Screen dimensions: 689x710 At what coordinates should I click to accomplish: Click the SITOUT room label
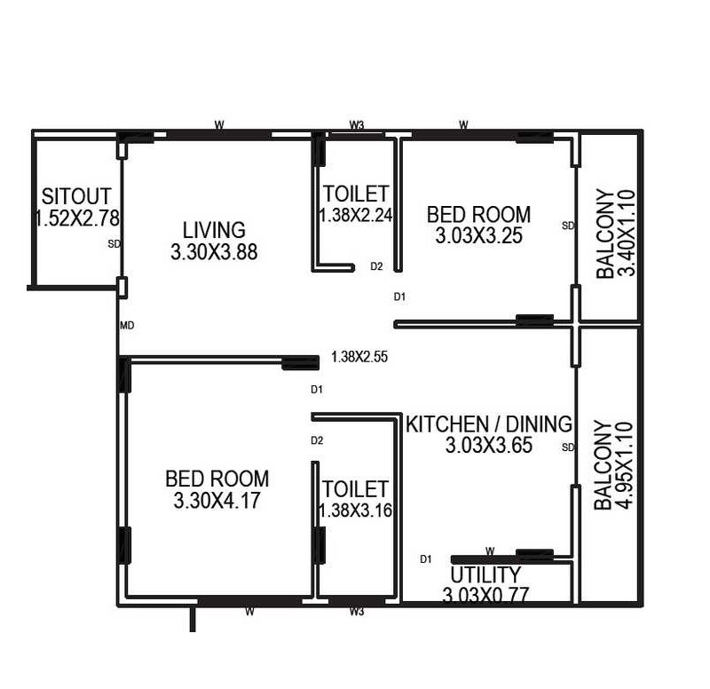pyautogui.click(x=76, y=195)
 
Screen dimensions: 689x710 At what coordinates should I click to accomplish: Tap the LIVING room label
pyautogui.click(x=214, y=231)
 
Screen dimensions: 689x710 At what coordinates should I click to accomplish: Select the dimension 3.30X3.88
pyautogui.click(x=214, y=252)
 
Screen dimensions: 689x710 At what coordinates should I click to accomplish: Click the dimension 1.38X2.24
pyautogui.click(x=355, y=214)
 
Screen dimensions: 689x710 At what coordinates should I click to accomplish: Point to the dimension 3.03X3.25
pyautogui.click(x=478, y=236)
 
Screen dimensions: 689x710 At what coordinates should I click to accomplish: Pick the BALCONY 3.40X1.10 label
pyautogui.click(x=616, y=234)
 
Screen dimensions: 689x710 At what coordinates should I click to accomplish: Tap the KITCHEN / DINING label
pyautogui.click(x=489, y=424)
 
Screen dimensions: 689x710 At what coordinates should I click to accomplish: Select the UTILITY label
pyautogui.click(x=485, y=574)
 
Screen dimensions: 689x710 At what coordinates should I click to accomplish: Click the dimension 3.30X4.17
pyautogui.click(x=217, y=501)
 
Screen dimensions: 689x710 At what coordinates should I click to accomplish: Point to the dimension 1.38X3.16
pyautogui.click(x=355, y=511)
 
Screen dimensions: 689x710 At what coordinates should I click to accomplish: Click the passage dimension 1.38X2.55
pyautogui.click(x=359, y=357)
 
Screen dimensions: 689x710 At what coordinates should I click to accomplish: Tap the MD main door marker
pyautogui.click(x=127, y=326)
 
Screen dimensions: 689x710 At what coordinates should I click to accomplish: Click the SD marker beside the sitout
pyautogui.click(x=113, y=243)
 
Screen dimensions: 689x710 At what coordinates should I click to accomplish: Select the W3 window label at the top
pyautogui.click(x=356, y=125)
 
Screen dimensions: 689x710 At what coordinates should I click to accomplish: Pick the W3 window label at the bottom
pyautogui.click(x=357, y=612)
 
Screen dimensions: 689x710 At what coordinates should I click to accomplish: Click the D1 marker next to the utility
pyautogui.click(x=426, y=558)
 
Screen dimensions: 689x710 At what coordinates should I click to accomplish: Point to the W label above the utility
pyautogui.click(x=489, y=551)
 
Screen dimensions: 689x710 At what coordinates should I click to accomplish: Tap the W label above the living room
pyautogui.click(x=218, y=124)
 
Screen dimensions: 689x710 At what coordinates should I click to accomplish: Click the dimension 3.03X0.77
pyautogui.click(x=485, y=595)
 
